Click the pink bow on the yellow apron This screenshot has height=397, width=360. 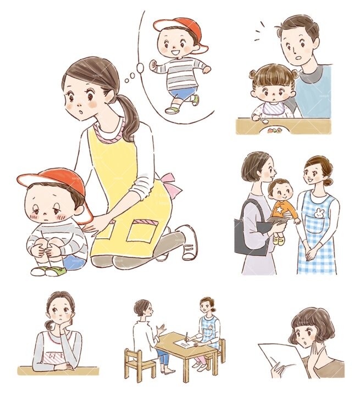pos(173,185)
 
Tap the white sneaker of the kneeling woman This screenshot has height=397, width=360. pos(189,244)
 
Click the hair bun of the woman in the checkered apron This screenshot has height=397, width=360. pos(328,182)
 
